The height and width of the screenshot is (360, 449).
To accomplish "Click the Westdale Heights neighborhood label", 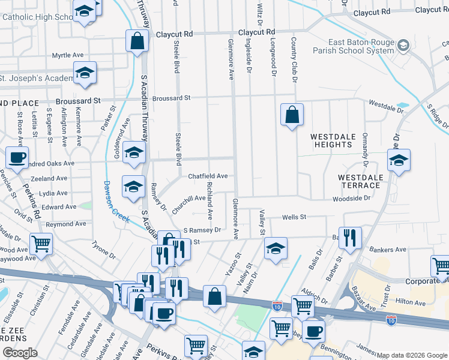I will (x=332, y=140).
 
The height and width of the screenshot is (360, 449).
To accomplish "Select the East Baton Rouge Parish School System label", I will (x=361, y=47).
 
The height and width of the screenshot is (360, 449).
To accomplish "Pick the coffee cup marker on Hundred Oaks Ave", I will (x=17, y=158).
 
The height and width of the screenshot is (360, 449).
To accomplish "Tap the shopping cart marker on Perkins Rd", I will (x=41, y=244).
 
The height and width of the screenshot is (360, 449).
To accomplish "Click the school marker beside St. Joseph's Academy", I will (x=85, y=74).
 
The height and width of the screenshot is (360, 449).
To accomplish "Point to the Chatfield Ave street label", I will (x=208, y=176).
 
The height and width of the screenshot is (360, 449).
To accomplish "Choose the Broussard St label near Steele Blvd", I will (x=171, y=97).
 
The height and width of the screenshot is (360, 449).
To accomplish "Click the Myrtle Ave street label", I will (x=67, y=55).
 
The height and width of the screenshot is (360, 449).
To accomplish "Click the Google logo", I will (x=20, y=353).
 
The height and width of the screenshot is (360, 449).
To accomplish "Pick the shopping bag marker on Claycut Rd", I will (x=137, y=41).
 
